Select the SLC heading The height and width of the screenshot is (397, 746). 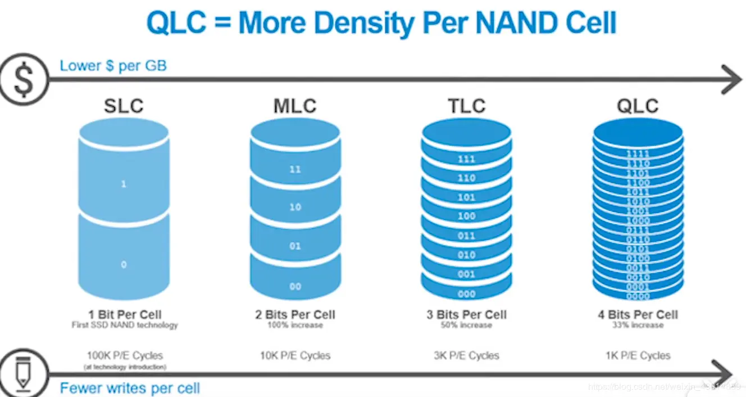pyautogui.click(x=124, y=106)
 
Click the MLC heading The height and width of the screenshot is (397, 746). pyautogui.click(x=295, y=106)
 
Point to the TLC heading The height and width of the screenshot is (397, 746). pyautogui.click(x=466, y=106)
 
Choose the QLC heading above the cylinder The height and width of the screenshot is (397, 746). pyautogui.click(x=638, y=106)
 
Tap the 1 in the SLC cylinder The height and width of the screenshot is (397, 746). pyautogui.click(x=124, y=184)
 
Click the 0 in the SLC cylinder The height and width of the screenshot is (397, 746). pyautogui.click(x=124, y=264)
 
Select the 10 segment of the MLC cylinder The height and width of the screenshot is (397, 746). pyautogui.click(x=295, y=207)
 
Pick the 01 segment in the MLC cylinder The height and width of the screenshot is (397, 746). pyautogui.click(x=295, y=246)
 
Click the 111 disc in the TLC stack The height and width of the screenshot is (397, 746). pyautogui.click(x=466, y=159)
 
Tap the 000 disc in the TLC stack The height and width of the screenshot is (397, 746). pyautogui.click(x=466, y=294)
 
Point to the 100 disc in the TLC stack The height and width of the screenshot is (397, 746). pyautogui.click(x=466, y=216)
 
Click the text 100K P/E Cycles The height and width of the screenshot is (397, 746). pyautogui.click(x=125, y=355)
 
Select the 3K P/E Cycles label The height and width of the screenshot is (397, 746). pyautogui.click(x=466, y=355)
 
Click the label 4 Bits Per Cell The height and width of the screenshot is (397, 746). pyautogui.click(x=638, y=314)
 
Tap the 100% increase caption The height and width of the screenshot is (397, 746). pyautogui.click(x=295, y=325)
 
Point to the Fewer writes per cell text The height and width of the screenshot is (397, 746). pyautogui.click(x=130, y=388)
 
